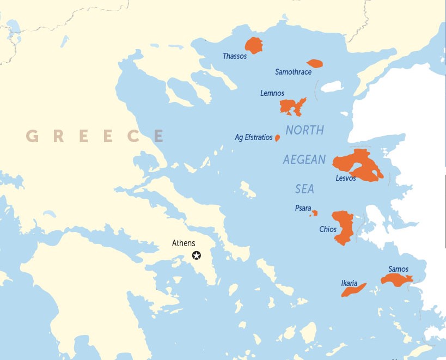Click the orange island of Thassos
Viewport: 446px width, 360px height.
coord(254,45)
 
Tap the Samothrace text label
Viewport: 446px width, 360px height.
coord(293,72)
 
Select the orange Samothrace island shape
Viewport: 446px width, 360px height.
coord(315,64)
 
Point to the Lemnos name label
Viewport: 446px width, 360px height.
coord(272,93)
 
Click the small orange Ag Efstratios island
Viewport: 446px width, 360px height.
coord(277,138)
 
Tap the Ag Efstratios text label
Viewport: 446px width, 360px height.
coord(253,138)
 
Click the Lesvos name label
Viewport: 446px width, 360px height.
coord(345,178)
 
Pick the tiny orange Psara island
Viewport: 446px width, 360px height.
coord(314,213)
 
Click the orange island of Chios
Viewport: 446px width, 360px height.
coord(343,226)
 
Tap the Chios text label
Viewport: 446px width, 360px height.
coord(328,229)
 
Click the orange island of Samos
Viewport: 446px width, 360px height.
coord(396,280)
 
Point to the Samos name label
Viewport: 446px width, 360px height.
coord(398,269)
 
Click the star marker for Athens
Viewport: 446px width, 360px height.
coord(197,255)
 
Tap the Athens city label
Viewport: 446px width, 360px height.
coord(184,243)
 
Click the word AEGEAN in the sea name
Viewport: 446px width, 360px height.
coord(304,160)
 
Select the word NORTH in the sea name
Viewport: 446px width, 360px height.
coord(304,130)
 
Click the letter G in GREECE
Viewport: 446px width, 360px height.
coord(33,136)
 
